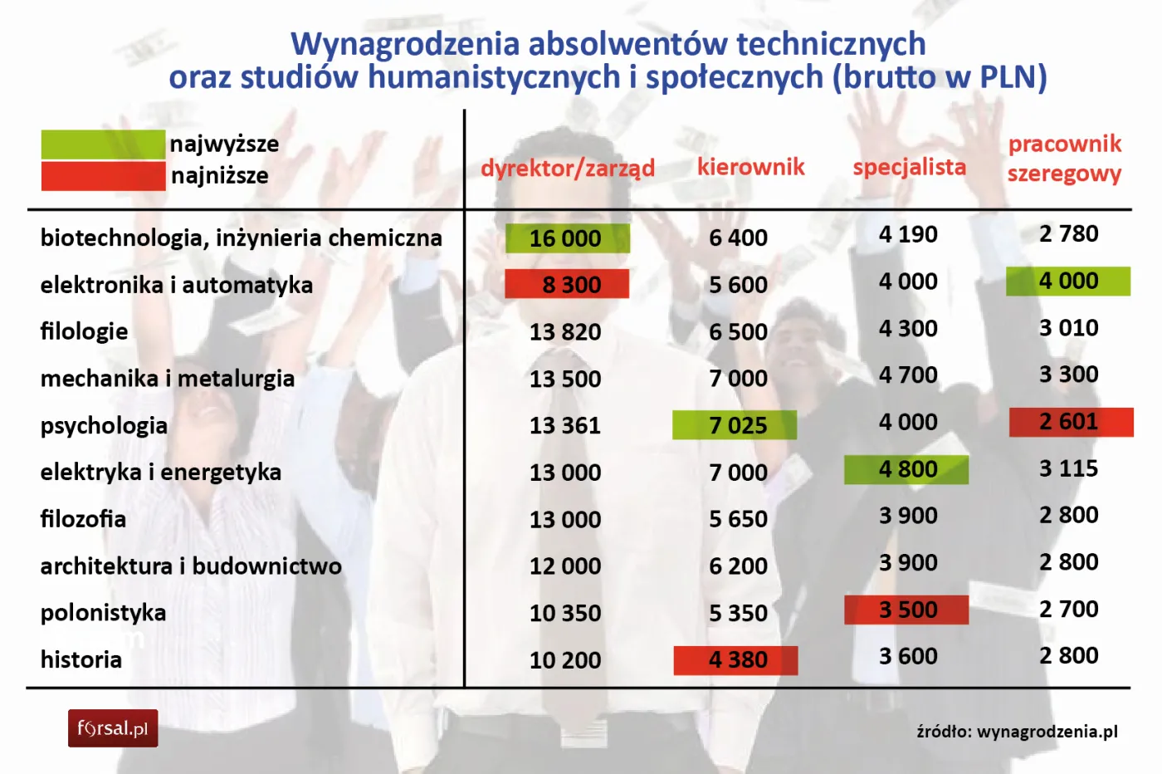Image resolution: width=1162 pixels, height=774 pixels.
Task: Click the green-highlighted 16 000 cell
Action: (x=567, y=238)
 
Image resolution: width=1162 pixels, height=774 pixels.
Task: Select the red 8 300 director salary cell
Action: (x=567, y=285)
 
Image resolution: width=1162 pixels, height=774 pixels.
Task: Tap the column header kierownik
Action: (x=750, y=167)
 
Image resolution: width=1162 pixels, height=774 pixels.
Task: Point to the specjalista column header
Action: (x=909, y=167)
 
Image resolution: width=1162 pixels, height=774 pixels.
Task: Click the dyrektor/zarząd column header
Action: (x=568, y=169)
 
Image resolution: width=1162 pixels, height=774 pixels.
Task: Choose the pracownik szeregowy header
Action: (x=1064, y=159)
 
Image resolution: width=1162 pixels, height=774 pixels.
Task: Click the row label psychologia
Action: (x=104, y=426)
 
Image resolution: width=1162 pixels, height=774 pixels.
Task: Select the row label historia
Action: (x=81, y=660)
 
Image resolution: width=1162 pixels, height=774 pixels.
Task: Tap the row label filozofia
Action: (x=83, y=520)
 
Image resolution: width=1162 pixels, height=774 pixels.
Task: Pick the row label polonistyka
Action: (x=103, y=614)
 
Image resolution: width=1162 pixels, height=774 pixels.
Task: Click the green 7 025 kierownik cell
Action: (x=735, y=425)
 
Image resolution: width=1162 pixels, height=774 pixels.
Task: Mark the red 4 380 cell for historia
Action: (x=735, y=660)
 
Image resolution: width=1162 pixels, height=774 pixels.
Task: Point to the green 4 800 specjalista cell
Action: (x=906, y=470)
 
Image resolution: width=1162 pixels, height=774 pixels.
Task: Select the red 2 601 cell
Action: (x=1071, y=422)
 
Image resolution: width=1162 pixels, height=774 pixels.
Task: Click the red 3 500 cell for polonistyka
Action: (x=906, y=610)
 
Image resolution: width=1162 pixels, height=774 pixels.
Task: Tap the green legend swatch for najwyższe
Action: (x=103, y=145)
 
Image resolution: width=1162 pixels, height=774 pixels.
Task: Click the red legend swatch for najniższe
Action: (x=103, y=176)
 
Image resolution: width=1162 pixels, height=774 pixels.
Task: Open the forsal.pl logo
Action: (x=113, y=729)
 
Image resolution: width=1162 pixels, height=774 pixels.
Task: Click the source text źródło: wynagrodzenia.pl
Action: (x=1017, y=732)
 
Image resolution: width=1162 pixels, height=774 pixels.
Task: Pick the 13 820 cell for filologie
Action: (x=565, y=332)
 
